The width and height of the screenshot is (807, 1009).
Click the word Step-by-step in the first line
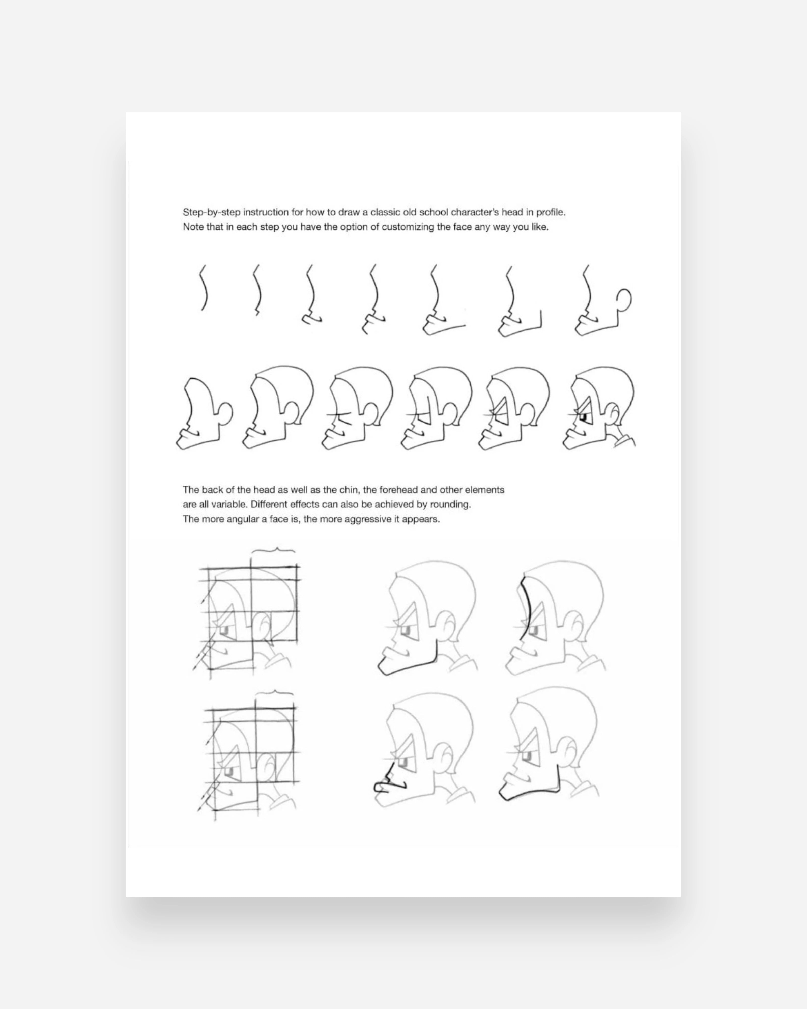(211, 212)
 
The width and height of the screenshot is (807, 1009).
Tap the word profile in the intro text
(550, 212)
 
